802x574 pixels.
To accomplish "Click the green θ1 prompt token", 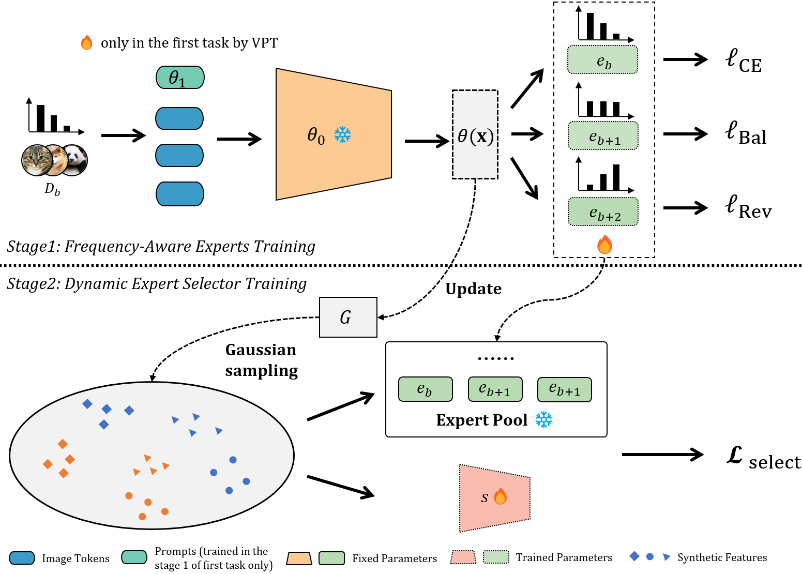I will pyautogui.click(x=180, y=78).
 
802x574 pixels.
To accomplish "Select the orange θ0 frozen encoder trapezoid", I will pyautogui.click(x=334, y=134).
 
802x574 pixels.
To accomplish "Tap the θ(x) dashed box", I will pyautogui.click(x=475, y=135).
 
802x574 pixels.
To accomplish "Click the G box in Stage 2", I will pyautogui.click(x=348, y=317).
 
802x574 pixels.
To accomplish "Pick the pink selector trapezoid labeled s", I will pyautogui.click(x=494, y=497).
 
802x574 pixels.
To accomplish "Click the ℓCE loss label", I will pyautogui.click(x=743, y=61).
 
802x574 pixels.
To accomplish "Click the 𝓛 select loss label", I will pyautogui.click(x=763, y=458).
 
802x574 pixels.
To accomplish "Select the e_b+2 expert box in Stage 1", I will pyautogui.click(x=603, y=212).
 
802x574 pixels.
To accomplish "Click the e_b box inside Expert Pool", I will pyautogui.click(x=425, y=389).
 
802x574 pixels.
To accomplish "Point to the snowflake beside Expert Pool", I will pyautogui.click(x=543, y=420).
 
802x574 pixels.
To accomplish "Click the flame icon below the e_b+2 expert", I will pyautogui.click(x=604, y=245).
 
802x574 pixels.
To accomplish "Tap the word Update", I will pyautogui.click(x=473, y=289).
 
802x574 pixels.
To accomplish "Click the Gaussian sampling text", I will pyautogui.click(x=261, y=360).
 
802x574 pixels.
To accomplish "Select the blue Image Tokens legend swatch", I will pyautogui.click(x=22, y=558).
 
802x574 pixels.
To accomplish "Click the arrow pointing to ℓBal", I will pyautogui.click(x=685, y=134).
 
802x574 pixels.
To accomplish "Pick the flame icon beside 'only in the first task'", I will pyautogui.click(x=86, y=42).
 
